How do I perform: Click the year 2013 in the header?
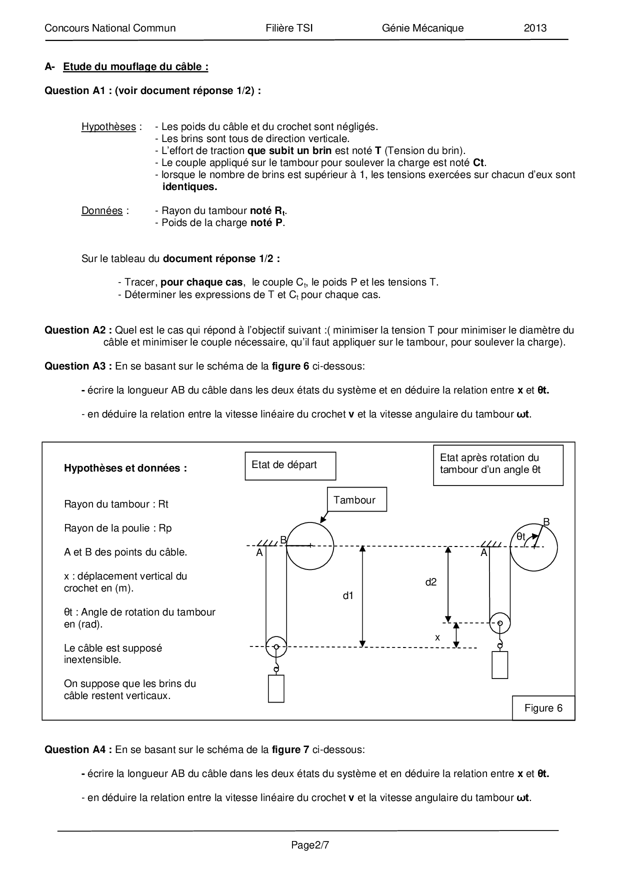535,28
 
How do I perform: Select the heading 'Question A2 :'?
78,330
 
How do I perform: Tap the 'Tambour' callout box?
356,500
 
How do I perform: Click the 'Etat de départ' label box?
290,465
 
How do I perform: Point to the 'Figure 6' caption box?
543,708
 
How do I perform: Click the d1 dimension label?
348,595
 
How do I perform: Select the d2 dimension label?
430,582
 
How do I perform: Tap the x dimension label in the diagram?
437,637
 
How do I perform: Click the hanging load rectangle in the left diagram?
276,688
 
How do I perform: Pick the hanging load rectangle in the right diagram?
499,664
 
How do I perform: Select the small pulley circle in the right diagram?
499,623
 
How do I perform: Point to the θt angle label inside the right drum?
521,537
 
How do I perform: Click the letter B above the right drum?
546,522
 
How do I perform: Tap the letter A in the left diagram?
259,552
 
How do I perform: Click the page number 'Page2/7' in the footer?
310,845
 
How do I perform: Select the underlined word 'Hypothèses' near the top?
108,126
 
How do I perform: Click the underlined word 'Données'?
102,210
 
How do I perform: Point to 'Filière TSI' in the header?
289,28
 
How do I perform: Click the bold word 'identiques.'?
190,187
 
